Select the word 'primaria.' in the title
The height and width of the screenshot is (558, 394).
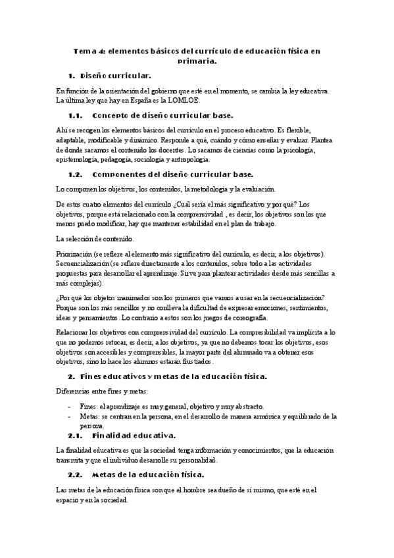click(197, 61)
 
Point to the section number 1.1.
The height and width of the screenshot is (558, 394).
click(78, 114)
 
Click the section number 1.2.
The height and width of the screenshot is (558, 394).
click(78, 174)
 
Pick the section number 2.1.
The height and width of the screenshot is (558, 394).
click(78, 435)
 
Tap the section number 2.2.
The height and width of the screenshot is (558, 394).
click(78, 474)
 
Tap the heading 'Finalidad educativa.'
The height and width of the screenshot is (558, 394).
click(134, 435)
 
